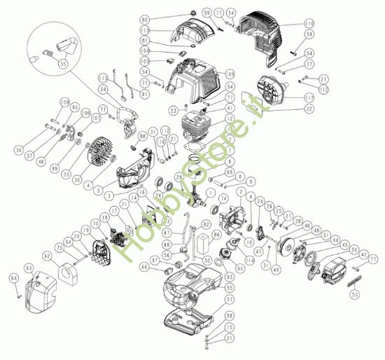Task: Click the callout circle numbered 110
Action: [x=309, y=24]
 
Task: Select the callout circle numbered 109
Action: [x=230, y=74]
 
